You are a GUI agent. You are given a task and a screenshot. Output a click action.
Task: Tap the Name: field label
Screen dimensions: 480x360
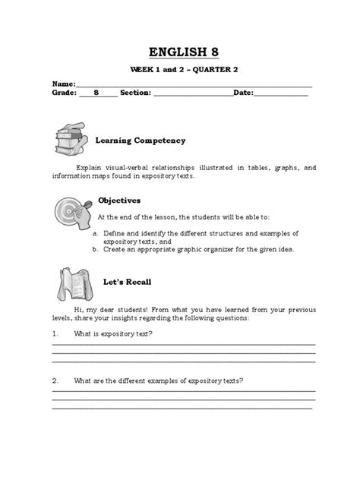coord(64,83)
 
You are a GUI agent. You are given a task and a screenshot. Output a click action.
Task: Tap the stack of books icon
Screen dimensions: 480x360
coord(73,139)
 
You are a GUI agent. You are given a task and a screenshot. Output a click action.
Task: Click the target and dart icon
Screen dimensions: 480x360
coord(74,209)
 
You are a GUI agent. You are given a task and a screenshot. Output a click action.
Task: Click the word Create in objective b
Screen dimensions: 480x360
coord(115,248)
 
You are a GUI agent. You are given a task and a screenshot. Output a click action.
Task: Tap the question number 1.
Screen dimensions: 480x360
coord(55,333)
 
